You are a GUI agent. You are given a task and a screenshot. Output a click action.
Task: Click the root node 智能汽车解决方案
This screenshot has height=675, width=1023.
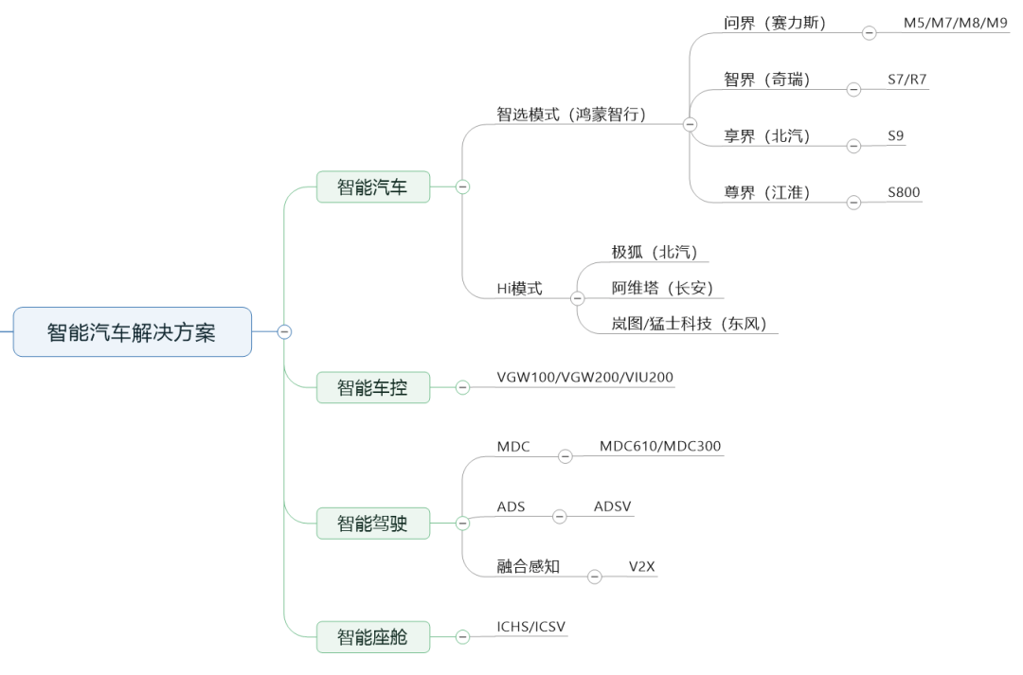pyautogui.click(x=133, y=332)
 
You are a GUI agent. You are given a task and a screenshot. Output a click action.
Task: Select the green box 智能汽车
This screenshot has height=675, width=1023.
pyautogui.click(x=373, y=187)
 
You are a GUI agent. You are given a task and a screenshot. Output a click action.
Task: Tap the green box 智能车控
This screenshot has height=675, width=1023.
pyautogui.click(x=373, y=387)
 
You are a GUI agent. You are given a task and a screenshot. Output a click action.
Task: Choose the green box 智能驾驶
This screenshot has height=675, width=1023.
pyautogui.click(x=373, y=523)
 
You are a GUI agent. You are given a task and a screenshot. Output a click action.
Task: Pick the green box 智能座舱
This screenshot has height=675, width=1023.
pyautogui.click(x=373, y=636)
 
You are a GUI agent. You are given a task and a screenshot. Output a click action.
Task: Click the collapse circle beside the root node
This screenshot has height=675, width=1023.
pyautogui.click(x=284, y=332)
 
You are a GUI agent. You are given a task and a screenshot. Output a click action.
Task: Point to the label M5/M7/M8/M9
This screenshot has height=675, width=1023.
pyautogui.click(x=955, y=23)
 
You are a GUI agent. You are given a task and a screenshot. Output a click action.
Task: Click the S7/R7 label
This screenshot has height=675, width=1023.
pyautogui.click(x=906, y=80)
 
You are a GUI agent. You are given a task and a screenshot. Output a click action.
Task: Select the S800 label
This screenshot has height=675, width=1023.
pyautogui.click(x=904, y=192)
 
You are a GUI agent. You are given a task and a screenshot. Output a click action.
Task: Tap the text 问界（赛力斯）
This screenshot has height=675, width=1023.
pyautogui.click(x=775, y=24)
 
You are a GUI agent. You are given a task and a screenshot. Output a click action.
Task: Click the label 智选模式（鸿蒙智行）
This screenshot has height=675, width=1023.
pyautogui.click(x=571, y=115)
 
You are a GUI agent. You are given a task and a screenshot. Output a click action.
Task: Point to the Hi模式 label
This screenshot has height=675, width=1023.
pyautogui.click(x=519, y=288)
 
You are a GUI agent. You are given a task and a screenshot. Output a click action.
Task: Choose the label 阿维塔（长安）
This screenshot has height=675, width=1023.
pyautogui.click(x=662, y=288)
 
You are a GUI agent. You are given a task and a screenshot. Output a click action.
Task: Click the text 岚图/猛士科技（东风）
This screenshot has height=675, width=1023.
pyautogui.click(x=689, y=324)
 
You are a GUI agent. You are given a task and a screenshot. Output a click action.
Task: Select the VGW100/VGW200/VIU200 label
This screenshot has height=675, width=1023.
pyautogui.click(x=585, y=377)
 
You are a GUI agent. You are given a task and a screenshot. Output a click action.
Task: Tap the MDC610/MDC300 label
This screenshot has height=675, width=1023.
pyautogui.click(x=660, y=446)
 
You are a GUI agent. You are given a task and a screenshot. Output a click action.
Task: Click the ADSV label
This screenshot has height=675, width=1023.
pyautogui.click(x=613, y=506)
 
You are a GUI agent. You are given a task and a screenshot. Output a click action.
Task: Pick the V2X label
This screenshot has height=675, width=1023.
pyautogui.click(x=642, y=567)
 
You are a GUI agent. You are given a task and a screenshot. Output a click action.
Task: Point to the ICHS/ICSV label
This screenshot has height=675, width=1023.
pyautogui.click(x=531, y=627)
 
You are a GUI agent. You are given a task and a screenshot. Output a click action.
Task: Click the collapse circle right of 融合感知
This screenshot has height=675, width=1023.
pyautogui.click(x=594, y=577)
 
